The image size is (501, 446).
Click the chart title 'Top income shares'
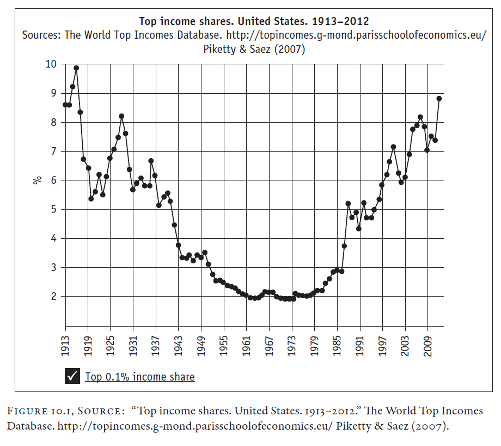254,22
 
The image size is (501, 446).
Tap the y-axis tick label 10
51,64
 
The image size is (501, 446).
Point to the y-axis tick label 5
53,209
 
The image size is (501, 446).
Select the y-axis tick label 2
53,297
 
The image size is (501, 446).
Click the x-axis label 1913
65,345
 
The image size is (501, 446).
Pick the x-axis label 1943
178,345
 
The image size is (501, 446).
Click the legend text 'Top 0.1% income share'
140,377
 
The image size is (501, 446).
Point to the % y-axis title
38,180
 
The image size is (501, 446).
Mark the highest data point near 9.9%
76,68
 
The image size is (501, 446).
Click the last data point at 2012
439,99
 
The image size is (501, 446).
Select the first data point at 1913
65,105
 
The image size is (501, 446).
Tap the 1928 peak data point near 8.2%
121,116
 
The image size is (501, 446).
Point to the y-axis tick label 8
53,122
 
